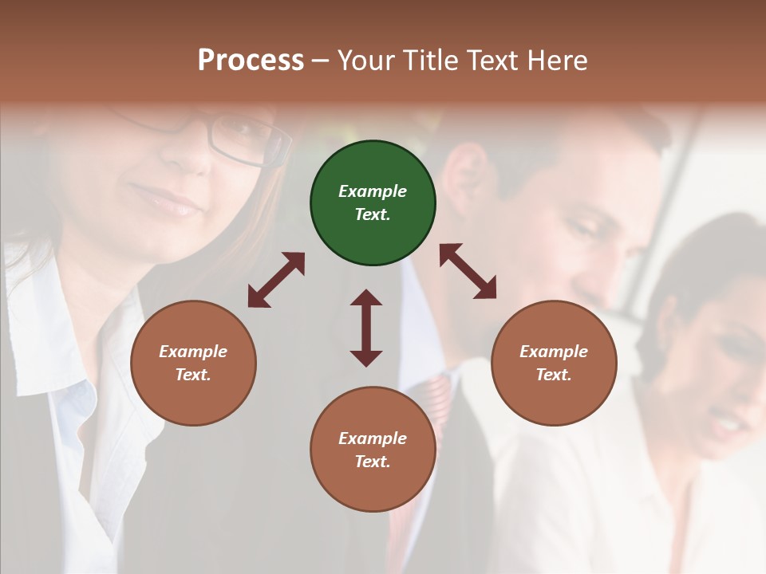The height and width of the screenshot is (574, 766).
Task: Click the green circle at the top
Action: (x=373, y=203)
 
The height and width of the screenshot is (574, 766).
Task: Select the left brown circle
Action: (x=193, y=363)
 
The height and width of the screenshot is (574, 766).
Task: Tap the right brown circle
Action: (x=554, y=363)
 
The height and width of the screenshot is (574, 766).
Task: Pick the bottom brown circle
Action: (x=373, y=450)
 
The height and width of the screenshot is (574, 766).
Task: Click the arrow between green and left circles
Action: (x=276, y=280)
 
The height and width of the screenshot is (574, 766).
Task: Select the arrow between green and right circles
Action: (x=468, y=271)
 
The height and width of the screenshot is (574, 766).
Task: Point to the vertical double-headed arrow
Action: (x=366, y=328)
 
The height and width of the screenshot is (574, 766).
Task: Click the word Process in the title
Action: (x=251, y=60)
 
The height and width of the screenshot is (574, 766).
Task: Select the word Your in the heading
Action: (x=365, y=60)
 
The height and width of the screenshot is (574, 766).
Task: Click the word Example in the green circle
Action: (x=373, y=191)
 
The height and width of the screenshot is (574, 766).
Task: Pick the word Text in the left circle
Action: (x=193, y=375)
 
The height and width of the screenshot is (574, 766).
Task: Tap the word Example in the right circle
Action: (x=554, y=352)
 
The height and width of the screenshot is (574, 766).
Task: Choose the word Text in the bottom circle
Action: (x=373, y=462)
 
